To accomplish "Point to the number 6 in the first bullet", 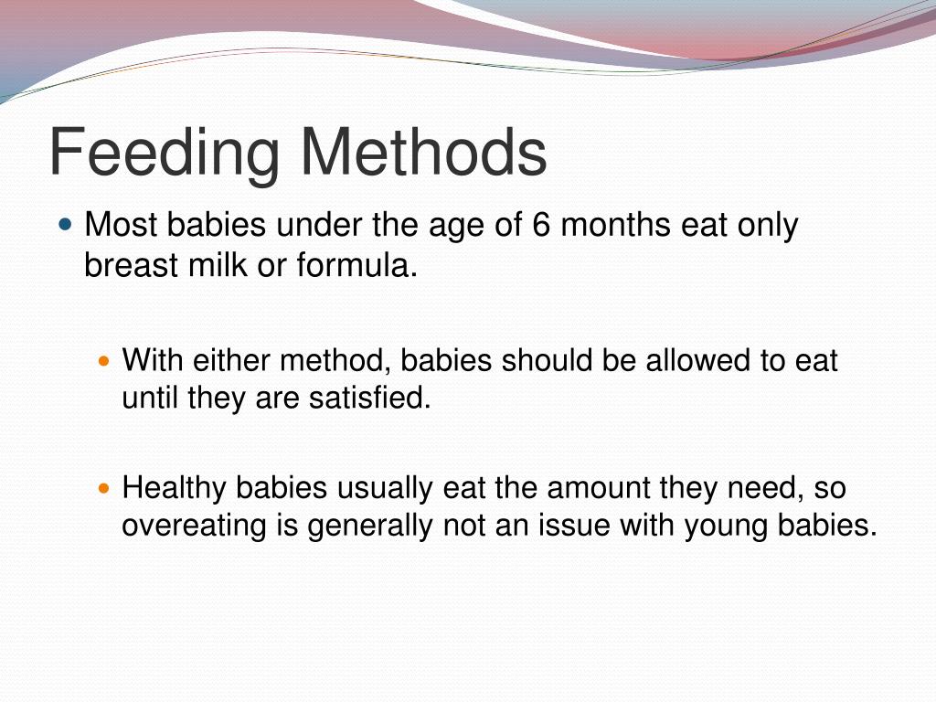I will tap(541, 225).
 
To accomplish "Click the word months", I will tap(617, 225).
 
